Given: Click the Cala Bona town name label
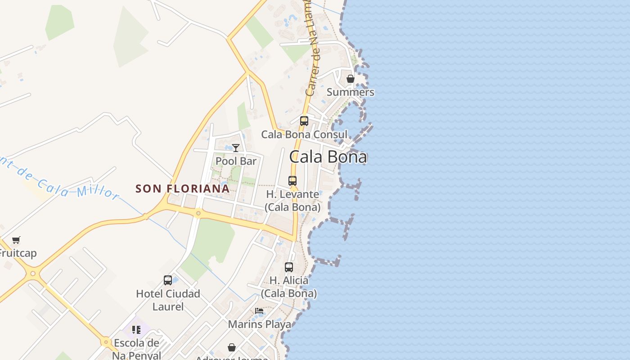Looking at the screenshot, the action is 328,157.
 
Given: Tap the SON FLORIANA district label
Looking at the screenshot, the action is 182,189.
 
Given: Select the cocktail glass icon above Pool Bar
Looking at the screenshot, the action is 235,148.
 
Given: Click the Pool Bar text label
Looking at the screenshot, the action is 236,161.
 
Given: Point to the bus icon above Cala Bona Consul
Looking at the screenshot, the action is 304,121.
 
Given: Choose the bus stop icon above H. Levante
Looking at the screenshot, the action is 292,181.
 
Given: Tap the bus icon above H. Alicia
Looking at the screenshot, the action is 289,267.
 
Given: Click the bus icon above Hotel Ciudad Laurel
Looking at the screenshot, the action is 168,280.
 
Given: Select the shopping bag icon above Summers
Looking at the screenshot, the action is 350,79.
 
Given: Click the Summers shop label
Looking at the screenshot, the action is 350,92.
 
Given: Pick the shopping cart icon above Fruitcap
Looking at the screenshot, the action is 16,240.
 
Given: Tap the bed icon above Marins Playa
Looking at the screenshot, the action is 259,311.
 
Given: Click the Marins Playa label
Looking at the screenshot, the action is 259,324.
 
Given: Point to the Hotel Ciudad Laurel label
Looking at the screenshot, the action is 168,300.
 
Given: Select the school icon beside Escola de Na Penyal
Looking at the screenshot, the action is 136,330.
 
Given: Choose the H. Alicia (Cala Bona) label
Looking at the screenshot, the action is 289,287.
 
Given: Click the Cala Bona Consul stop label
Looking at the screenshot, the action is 304,134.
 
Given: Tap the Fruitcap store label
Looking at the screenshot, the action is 17,253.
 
